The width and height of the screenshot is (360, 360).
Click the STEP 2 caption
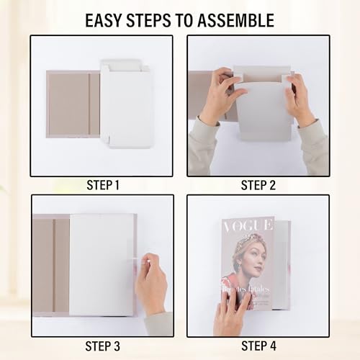pos(258,186)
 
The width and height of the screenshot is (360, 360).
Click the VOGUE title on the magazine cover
pos(248,228)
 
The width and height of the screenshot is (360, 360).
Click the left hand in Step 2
pos(220,97)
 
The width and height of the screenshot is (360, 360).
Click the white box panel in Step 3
pos(102,263)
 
